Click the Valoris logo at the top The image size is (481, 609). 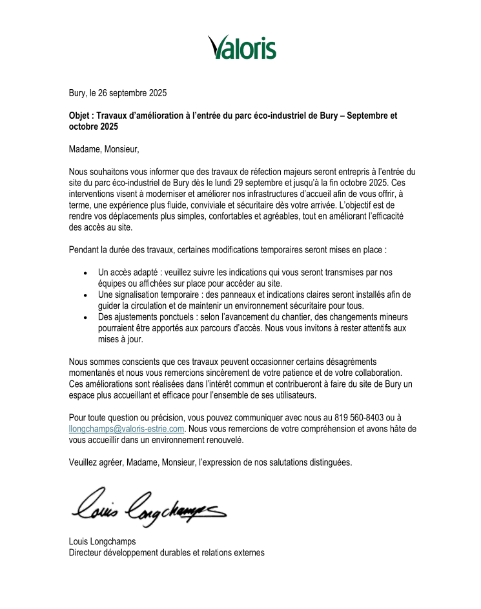point(242,47)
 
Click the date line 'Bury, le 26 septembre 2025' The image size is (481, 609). point(118,93)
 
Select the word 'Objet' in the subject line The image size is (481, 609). point(82,116)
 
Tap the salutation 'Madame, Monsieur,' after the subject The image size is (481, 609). point(104,150)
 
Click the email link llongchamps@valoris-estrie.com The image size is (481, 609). point(127,428)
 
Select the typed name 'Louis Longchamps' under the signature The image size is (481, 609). point(103,541)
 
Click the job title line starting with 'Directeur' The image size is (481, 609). point(167,552)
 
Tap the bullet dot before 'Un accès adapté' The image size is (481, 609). point(86,273)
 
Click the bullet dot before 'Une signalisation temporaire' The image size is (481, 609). point(86,294)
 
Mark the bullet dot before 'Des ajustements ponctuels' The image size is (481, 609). point(86,317)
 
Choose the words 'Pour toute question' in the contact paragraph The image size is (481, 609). point(104,418)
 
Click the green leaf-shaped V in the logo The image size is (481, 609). point(217,46)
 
